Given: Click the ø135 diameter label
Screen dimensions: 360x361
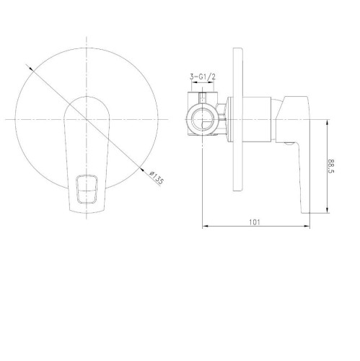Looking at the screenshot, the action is click(x=157, y=177).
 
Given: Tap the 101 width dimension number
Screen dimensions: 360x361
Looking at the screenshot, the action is click(x=255, y=222).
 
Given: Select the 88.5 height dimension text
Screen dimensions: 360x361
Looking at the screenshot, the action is click(x=331, y=166).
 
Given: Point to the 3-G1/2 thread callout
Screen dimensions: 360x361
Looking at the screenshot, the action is click(x=203, y=77).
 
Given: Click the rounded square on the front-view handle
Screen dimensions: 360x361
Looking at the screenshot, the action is click(x=87, y=189).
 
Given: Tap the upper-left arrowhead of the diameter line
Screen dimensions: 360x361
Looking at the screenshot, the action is click(x=31, y=69).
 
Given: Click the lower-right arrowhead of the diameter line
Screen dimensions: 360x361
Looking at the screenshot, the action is click(x=142, y=170).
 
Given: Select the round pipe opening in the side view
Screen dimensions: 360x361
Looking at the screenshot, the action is click(x=203, y=120).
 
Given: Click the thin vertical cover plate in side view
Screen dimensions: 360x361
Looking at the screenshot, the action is click(x=237, y=120).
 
